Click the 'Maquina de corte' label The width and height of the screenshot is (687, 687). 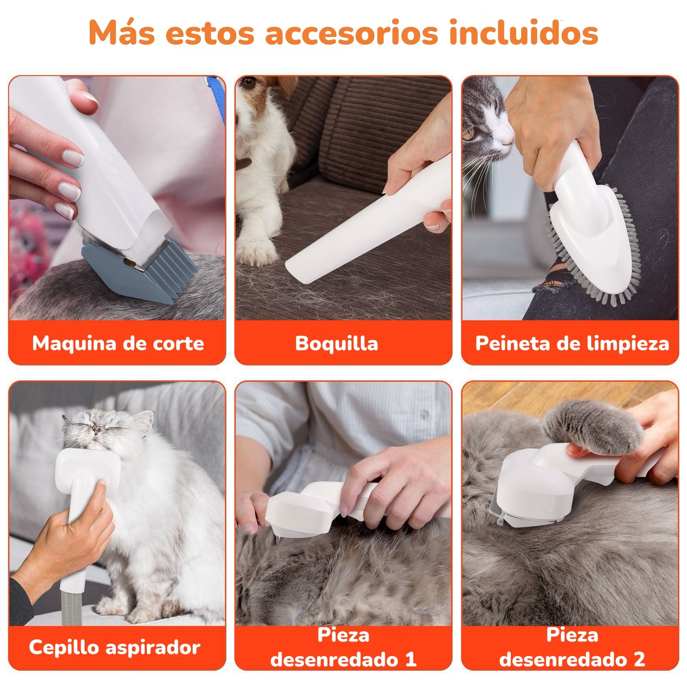tap(118, 343)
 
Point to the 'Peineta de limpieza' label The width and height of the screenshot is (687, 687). tap(571, 343)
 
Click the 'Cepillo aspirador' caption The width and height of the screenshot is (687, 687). tap(115, 647)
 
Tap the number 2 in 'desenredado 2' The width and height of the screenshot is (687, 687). tap(639, 660)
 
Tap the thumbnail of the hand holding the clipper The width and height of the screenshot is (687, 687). tap(71, 159)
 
